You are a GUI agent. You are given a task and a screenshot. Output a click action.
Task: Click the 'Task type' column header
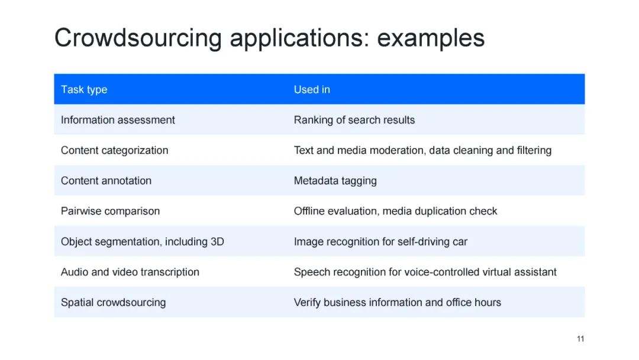click(84, 89)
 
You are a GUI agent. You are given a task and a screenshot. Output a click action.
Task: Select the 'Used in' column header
click(312, 89)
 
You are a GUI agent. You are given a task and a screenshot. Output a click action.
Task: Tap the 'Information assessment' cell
click(118, 120)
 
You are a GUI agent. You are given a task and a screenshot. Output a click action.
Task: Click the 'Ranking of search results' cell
click(354, 120)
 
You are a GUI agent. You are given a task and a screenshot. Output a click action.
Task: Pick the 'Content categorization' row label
click(114, 150)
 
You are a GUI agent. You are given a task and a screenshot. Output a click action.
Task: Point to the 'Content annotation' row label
click(106, 181)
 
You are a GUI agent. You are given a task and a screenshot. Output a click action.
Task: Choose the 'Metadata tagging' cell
click(335, 181)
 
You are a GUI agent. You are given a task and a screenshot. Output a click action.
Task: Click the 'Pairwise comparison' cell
click(110, 211)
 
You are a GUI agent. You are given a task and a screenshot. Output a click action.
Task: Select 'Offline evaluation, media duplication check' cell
click(395, 211)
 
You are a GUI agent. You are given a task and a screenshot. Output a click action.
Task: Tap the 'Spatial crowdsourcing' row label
click(113, 302)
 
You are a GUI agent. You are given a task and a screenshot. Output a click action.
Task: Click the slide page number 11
click(580, 339)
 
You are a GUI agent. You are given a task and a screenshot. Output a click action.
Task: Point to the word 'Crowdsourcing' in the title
click(138, 38)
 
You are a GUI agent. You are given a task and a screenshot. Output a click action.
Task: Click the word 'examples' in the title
click(431, 38)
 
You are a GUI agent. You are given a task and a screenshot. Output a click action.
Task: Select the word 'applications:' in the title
click(299, 38)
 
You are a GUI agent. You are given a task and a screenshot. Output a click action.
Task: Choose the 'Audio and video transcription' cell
click(130, 272)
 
